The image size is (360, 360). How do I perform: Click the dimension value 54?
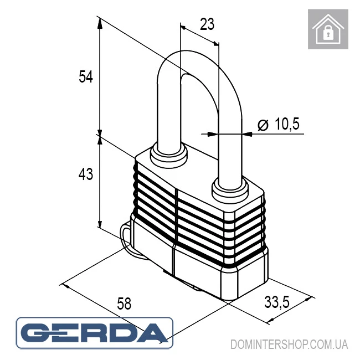click(86, 76)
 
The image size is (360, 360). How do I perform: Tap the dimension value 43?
click(86, 174)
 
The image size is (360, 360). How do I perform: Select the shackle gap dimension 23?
click(207, 24)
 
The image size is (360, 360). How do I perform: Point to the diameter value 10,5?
click(287, 124)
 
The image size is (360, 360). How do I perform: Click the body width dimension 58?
click(124, 304)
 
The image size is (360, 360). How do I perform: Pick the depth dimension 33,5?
click(277, 302)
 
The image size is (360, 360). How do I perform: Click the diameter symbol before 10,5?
click(263, 125)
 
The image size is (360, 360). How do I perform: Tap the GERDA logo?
click(94, 333)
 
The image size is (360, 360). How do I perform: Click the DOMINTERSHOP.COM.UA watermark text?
click(289, 344)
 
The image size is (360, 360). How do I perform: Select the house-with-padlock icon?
click(328, 29)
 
